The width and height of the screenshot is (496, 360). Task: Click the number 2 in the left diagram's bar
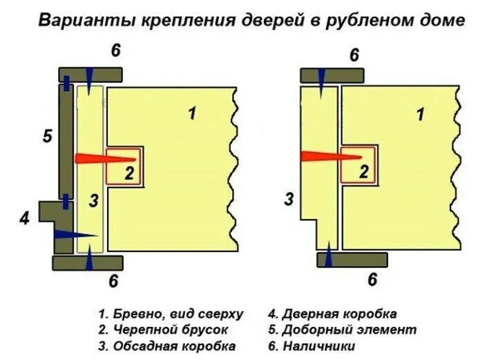pos(128,173)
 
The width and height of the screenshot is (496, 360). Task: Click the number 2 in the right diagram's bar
pos(363,173)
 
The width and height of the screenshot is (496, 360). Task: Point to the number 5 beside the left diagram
pos(47,136)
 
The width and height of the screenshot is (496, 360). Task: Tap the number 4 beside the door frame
pos(25,219)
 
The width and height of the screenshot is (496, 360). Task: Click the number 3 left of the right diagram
pos(289,200)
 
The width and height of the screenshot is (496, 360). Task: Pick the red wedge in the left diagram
pos(97,158)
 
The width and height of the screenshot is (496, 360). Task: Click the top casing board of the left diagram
pos(90,74)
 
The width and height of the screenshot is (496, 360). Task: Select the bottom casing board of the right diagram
pos(353,260)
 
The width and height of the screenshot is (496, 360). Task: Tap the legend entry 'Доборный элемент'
pos(345,330)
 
